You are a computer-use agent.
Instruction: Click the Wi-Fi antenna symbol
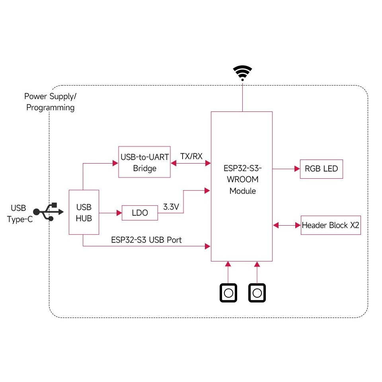click(242, 73)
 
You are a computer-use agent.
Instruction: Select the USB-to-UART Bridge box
click(144, 162)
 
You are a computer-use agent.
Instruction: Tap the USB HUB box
click(84, 212)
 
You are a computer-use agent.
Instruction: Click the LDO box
click(140, 213)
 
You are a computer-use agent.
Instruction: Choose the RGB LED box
click(321, 169)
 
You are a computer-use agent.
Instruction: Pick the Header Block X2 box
click(331, 225)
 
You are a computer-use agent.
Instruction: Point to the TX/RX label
click(191, 156)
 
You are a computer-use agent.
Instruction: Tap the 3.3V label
click(172, 207)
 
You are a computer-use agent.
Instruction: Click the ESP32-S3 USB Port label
click(146, 240)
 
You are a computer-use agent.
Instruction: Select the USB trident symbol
click(48, 212)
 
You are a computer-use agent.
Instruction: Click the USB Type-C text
click(19, 213)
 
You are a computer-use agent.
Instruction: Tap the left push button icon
click(228, 293)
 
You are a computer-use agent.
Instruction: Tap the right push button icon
click(257, 293)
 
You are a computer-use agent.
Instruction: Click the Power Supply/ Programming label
click(50, 102)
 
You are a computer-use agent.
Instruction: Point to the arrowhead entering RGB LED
click(297, 169)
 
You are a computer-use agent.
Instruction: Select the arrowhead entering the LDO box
click(119, 213)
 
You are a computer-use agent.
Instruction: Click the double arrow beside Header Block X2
click(286, 225)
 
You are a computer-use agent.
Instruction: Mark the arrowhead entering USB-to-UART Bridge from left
click(115, 162)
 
